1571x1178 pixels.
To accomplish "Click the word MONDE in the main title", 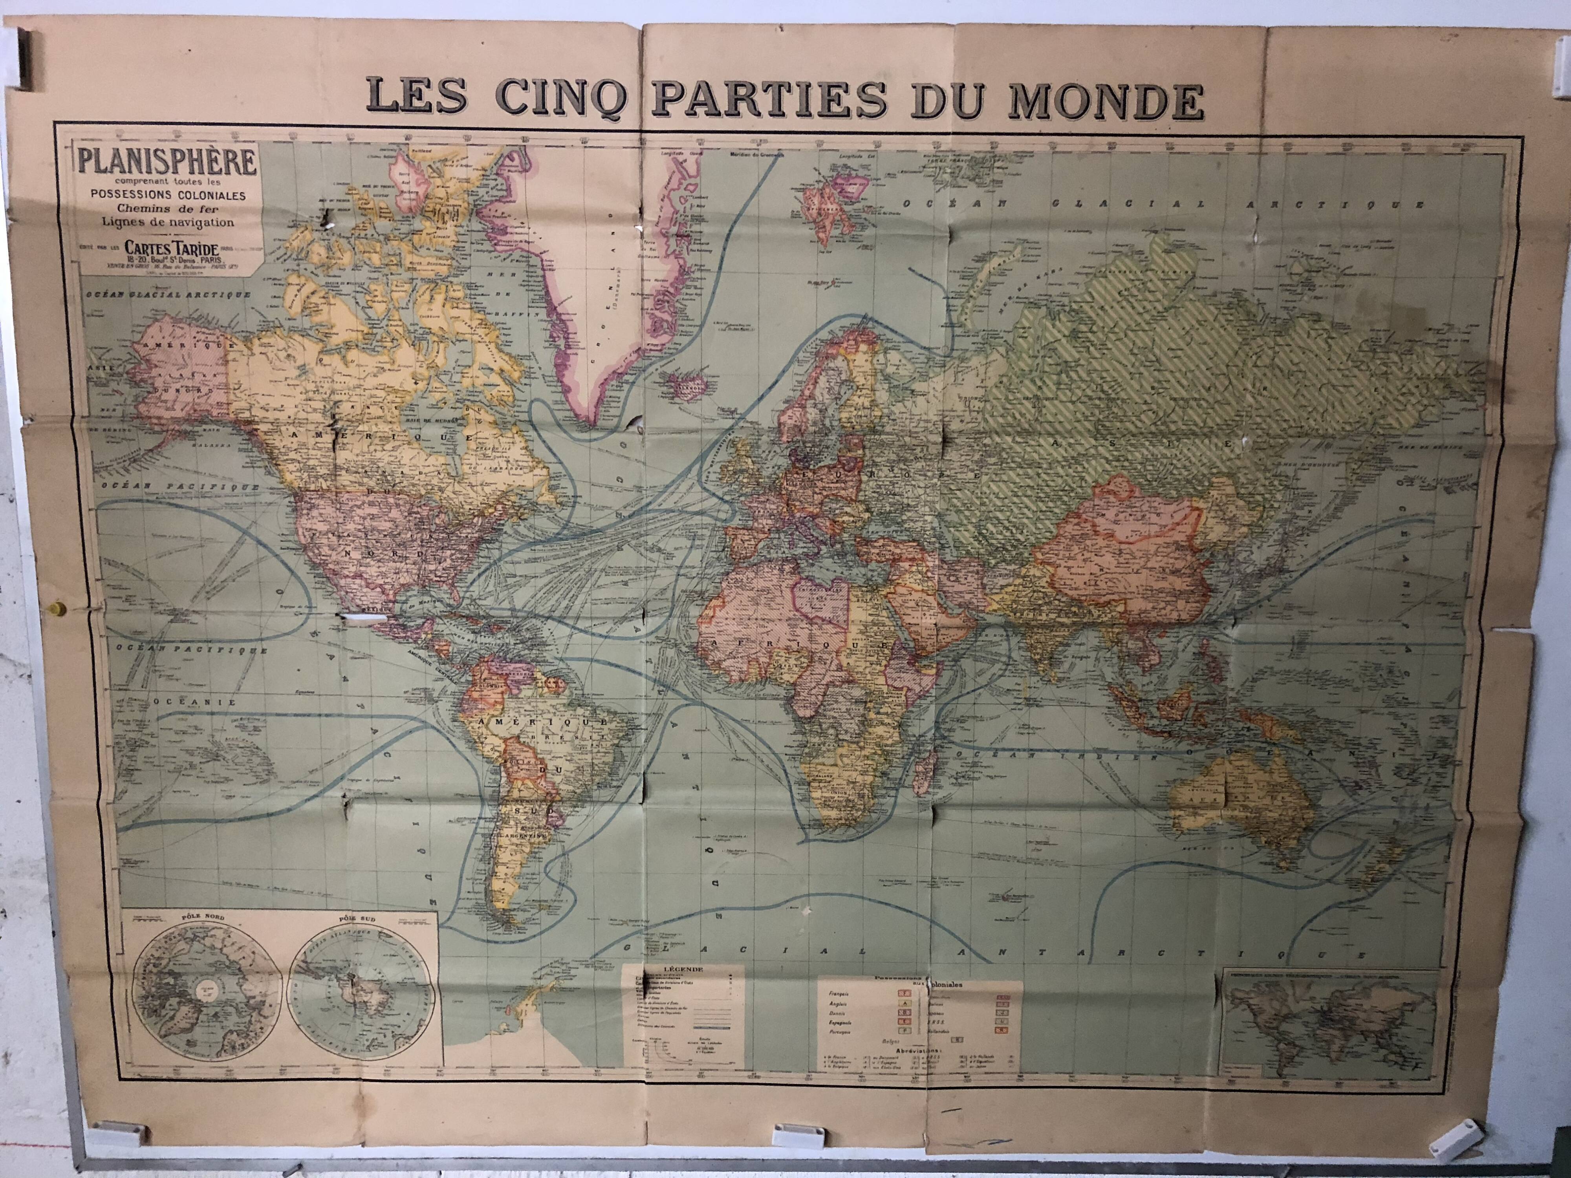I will (1104, 101).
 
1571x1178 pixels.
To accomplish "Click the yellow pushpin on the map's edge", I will (55, 609).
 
